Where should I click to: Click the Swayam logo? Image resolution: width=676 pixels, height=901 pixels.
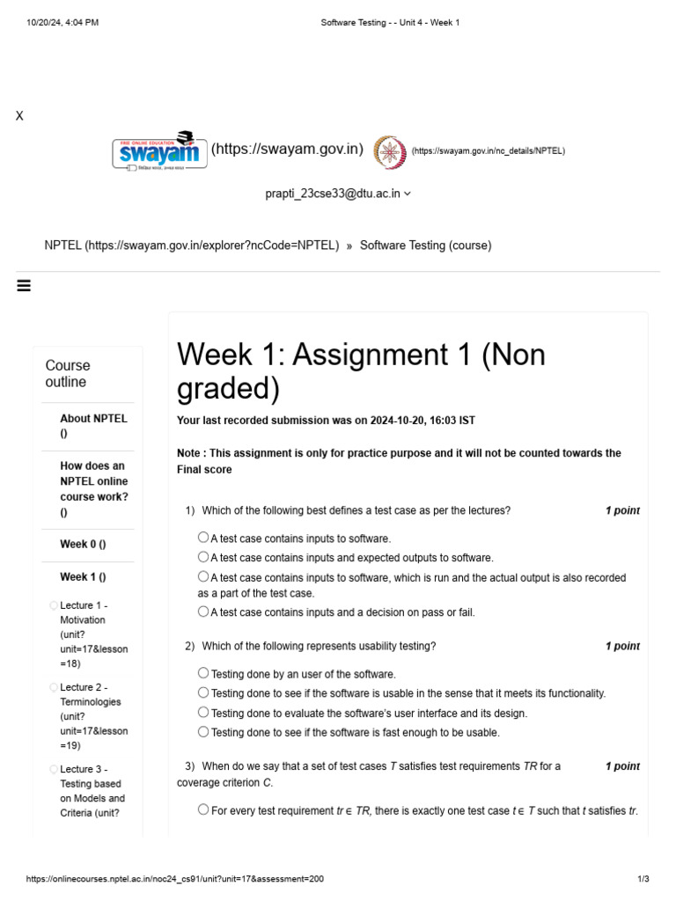tap(159, 150)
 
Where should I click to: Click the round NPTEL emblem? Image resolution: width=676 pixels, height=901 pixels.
tap(390, 151)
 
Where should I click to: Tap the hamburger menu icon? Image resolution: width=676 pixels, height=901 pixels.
tap(24, 285)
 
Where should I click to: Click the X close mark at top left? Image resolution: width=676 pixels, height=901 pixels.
tap(19, 116)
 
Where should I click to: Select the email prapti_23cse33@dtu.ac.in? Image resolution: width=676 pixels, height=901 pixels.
tap(333, 194)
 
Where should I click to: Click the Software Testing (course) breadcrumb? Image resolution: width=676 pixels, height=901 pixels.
tap(425, 245)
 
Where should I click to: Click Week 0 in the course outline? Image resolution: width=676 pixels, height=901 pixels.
tap(83, 544)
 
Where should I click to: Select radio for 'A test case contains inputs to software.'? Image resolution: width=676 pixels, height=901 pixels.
tap(203, 538)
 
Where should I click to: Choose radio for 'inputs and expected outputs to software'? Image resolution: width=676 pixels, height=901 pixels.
tap(203, 557)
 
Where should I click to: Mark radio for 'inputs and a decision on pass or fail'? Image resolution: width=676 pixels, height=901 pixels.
tap(203, 612)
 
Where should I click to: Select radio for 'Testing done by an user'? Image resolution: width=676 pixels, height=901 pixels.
tap(203, 673)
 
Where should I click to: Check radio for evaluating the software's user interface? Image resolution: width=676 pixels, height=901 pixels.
tap(203, 713)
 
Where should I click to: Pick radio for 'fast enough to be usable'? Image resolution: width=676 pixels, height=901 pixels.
tap(203, 731)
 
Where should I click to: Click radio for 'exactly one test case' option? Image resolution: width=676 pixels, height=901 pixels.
tap(203, 809)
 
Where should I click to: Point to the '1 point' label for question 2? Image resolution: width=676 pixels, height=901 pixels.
tap(622, 646)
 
